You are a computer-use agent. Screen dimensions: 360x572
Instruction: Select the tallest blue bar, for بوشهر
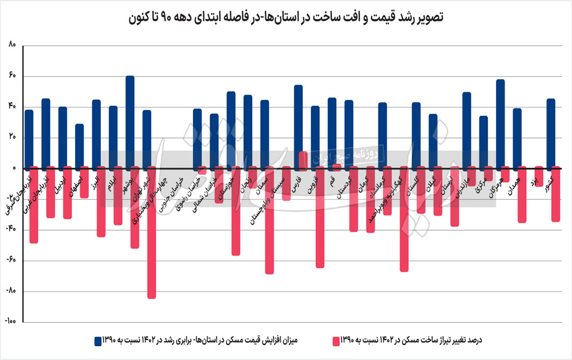(130, 122)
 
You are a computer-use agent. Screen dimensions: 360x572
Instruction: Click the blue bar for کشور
(551, 134)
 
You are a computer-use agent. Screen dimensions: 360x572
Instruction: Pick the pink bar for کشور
(556, 194)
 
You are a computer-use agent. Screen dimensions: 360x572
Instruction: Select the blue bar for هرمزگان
(500, 124)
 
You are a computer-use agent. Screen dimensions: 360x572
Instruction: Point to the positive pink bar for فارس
(303, 160)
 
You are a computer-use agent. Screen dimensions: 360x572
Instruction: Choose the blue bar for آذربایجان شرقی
(29, 139)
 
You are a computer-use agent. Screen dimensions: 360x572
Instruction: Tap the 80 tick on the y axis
(12, 46)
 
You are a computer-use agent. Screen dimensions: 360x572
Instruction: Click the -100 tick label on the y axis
(11, 322)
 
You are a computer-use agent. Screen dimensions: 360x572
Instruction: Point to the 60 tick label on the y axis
(12, 76)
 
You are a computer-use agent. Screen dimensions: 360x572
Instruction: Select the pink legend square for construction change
(335, 340)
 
